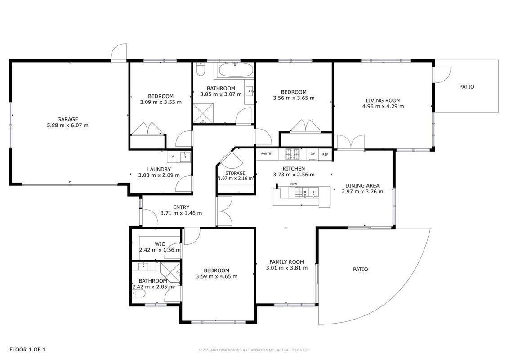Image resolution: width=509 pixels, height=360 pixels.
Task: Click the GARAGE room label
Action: pyautogui.click(x=67, y=119)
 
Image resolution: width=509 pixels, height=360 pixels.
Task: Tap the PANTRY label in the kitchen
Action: pyautogui.click(x=267, y=154)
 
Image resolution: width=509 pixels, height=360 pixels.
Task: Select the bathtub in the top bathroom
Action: pyautogui.click(x=235, y=70)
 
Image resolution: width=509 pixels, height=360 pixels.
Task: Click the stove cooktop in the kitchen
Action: pyautogui.click(x=292, y=154)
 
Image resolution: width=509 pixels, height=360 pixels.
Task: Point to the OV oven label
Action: pyautogui.click(x=313, y=154)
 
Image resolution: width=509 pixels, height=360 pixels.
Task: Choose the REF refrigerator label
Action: pyautogui.click(x=325, y=155)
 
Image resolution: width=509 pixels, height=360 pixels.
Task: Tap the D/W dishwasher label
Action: pyautogui.click(x=294, y=184)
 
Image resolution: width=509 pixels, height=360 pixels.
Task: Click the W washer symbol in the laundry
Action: pyautogui.click(x=173, y=157)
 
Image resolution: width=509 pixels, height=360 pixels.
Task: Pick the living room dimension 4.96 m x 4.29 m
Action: pyautogui.click(x=383, y=106)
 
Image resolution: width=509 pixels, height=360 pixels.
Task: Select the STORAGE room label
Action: pyautogui.click(x=235, y=173)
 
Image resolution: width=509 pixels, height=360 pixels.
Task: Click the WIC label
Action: pyautogui.click(x=160, y=244)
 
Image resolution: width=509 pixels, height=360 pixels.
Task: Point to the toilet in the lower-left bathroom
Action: pyautogui.click(x=138, y=294)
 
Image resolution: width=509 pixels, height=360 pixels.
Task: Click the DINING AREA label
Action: pyautogui.click(x=362, y=185)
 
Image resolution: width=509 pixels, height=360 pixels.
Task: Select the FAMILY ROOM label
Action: pyautogui.click(x=286, y=262)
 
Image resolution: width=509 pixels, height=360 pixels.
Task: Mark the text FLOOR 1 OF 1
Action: pyautogui.click(x=27, y=350)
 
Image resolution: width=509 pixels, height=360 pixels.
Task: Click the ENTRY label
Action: pyautogui.click(x=181, y=207)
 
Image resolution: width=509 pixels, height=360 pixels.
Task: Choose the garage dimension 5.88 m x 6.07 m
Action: pyautogui.click(x=67, y=125)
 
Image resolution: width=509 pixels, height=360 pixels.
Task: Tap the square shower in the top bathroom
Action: pyautogui.click(x=204, y=113)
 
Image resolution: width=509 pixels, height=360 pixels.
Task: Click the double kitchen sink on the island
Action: pyautogui.click(x=308, y=192)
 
